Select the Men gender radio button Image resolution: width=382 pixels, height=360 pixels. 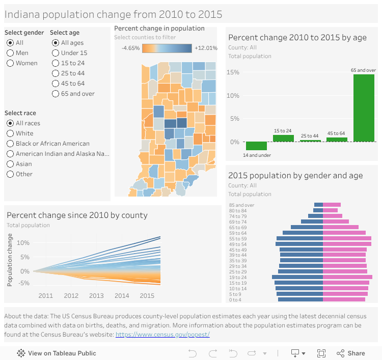(x=10, y=53)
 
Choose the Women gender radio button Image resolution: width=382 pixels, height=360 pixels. (x=10, y=63)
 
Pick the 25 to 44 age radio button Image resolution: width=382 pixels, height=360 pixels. (x=56, y=73)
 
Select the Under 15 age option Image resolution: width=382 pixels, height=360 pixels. (x=56, y=53)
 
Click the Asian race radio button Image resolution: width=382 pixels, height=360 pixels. (x=10, y=164)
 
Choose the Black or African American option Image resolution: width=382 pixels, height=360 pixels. (x=10, y=144)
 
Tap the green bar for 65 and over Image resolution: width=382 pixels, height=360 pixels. (x=364, y=107)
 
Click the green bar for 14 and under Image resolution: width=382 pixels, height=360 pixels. (x=256, y=146)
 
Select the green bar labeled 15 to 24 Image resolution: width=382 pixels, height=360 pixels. (x=283, y=138)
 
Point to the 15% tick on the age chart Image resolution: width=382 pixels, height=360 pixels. (x=233, y=72)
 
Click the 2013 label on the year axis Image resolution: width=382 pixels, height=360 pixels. (x=96, y=296)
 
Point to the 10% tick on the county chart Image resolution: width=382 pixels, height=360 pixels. (x=23, y=243)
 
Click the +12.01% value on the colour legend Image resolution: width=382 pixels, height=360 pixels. (x=206, y=48)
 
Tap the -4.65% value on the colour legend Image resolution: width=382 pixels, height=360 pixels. (x=130, y=48)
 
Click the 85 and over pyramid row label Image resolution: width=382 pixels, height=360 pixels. (x=242, y=205)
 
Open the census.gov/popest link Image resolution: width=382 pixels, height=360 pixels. (x=162, y=335)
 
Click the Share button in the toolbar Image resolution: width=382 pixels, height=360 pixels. (x=351, y=353)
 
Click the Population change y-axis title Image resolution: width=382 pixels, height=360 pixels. (x=10, y=260)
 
